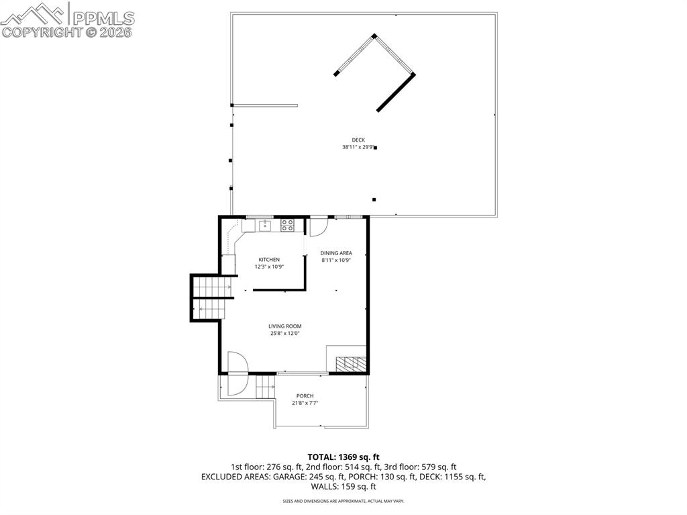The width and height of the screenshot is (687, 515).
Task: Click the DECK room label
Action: click(x=358, y=140)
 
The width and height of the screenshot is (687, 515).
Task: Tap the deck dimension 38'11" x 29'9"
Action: click(x=357, y=147)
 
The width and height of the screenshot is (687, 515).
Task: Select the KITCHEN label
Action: click(x=269, y=260)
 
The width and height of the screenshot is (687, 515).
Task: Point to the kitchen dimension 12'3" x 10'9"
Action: click(x=269, y=267)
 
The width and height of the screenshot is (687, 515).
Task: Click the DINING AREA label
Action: click(x=336, y=253)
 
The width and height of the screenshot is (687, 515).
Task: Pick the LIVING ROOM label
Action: click(x=285, y=326)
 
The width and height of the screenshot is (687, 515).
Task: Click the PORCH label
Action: click(x=305, y=396)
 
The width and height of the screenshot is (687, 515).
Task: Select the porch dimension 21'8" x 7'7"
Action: click(x=305, y=403)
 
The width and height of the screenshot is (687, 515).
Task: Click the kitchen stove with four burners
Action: click(x=288, y=226)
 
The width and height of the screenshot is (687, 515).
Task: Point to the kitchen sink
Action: click(x=265, y=226)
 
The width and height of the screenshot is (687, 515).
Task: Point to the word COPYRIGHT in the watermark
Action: click(x=42, y=32)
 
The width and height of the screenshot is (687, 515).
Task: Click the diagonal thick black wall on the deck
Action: click(x=396, y=92)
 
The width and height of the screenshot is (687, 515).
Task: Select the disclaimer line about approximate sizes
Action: click(x=343, y=501)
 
